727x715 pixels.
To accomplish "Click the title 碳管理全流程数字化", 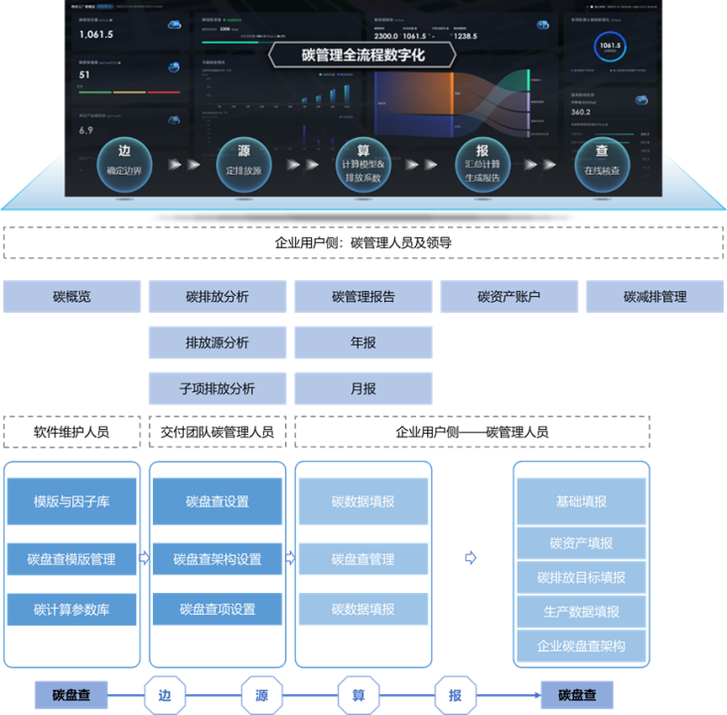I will [x=363, y=55].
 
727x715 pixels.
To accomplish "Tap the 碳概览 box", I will [x=73, y=296].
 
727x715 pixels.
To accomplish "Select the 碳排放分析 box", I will [x=218, y=296].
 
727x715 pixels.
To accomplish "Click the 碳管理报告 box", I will [x=363, y=296].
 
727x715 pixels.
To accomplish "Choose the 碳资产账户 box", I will [x=509, y=296].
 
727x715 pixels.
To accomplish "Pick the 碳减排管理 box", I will [x=654, y=296].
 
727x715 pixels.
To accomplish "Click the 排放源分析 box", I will [x=218, y=343].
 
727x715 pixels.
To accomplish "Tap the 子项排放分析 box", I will [x=218, y=388].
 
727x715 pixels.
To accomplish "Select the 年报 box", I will [x=363, y=343].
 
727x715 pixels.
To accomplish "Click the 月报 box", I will [x=363, y=388].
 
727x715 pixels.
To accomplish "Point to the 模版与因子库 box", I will [x=72, y=501].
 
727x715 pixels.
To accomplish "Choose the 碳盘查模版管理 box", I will [x=72, y=559].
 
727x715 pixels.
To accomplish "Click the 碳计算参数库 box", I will [x=72, y=609].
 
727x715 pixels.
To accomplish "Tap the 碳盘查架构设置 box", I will [x=218, y=559].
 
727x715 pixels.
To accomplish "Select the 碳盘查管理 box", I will [x=363, y=559].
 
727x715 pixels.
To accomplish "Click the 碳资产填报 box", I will [x=581, y=543].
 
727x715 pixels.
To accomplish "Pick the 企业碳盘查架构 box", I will [x=581, y=646].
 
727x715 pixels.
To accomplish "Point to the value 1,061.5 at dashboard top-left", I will [x=96, y=35].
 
